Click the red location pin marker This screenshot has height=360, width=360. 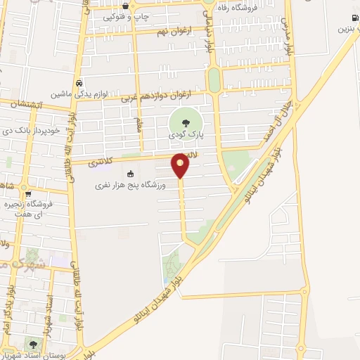180,164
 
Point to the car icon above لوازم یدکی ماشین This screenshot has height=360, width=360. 80,81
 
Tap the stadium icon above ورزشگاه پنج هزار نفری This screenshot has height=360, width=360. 129,174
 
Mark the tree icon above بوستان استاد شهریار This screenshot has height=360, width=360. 32,344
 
